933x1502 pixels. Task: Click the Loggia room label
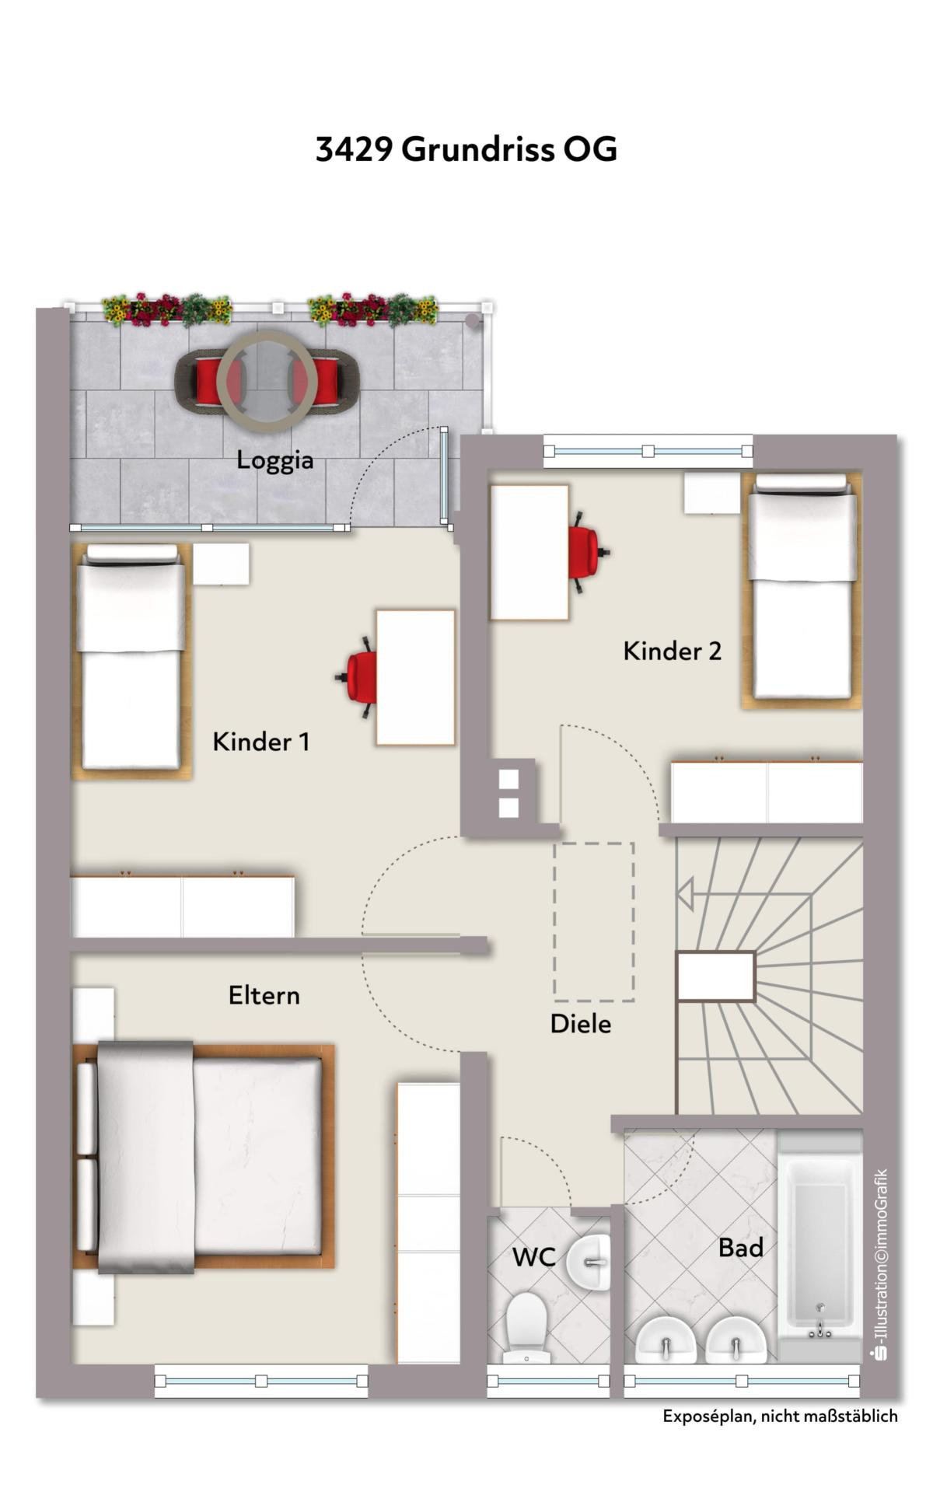(275, 460)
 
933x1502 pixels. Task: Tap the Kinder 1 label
(261, 742)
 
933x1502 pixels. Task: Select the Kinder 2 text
(673, 651)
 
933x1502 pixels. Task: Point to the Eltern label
(264, 995)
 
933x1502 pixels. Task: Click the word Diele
(581, 1024)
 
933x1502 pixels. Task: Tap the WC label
(533, 1257)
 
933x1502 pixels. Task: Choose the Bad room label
(741, 1248)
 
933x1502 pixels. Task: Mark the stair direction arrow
(685, 895)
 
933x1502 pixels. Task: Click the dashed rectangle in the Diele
(594, 922)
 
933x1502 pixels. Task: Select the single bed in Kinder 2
(802, 590)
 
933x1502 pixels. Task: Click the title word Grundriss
(478, 148)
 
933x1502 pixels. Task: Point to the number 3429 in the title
(355, 149)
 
